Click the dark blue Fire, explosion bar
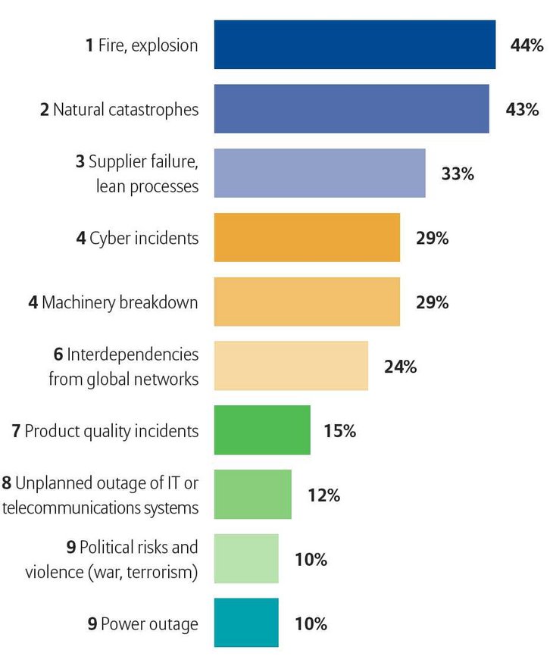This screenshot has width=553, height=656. click(x=355, y=45)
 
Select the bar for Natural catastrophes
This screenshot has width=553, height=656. click(x=351, y=109)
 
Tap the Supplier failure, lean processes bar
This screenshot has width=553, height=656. click(x=320, y=173)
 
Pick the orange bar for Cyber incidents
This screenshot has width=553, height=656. click(x=307, y=238)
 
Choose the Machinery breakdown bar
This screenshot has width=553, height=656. click(x=307, y=302)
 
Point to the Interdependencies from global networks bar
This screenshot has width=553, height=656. click(x=291, y=366)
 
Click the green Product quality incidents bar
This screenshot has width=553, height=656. click(x=262, y=430)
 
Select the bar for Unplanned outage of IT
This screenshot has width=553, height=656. click(x=252, y=495)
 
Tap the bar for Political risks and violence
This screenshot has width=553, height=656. click(x=246, y=559)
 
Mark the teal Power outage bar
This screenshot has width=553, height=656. click(x=246, y=623)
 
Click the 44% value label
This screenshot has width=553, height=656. click(x=526, y=45)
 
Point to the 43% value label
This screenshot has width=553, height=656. click(x=522, y=110)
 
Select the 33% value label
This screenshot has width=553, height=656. click(x=458, y=174)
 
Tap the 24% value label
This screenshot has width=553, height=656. click(x=400, y=367)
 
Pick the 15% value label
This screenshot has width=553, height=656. click(x=339, y=432)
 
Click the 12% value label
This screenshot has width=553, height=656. click(x=323, y=496)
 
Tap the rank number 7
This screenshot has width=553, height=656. click(x=16, y=431)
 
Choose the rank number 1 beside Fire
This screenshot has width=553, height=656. click(x=89, y=45)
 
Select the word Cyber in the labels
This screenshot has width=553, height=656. click(x=106, y=239)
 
